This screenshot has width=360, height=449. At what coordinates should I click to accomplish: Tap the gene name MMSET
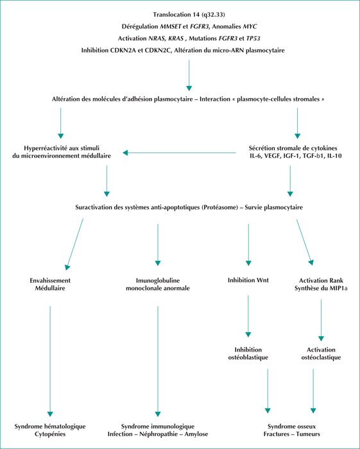(171, 26)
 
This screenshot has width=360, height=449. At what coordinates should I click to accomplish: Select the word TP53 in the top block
(253, 38)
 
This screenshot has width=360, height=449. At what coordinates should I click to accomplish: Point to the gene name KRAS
(176, 38)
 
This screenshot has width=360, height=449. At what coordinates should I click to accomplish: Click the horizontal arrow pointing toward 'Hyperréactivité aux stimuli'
(180, 153)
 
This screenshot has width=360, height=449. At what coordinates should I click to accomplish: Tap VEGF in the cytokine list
(273, 156)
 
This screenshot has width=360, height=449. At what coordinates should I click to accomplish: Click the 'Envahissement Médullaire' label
(50, 284)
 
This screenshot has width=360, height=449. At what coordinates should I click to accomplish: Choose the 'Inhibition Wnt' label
(248, 280)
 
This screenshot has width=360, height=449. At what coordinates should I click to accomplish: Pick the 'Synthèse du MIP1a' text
(321, 288)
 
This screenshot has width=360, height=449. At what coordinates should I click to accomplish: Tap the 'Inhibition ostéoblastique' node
(248, 353)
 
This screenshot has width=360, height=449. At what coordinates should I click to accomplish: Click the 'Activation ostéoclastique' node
(321, 353)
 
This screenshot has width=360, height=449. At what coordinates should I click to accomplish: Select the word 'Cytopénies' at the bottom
(50, 434)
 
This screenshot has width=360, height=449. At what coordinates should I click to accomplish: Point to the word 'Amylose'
(196, 434)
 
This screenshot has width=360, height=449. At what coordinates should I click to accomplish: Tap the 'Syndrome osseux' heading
(291, 427)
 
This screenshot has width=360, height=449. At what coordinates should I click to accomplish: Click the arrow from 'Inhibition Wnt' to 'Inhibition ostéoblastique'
(248, 316)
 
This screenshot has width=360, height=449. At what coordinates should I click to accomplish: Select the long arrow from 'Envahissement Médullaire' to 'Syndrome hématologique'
(50, 361)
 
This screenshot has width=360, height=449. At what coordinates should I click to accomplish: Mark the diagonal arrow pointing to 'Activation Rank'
(305, 242)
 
